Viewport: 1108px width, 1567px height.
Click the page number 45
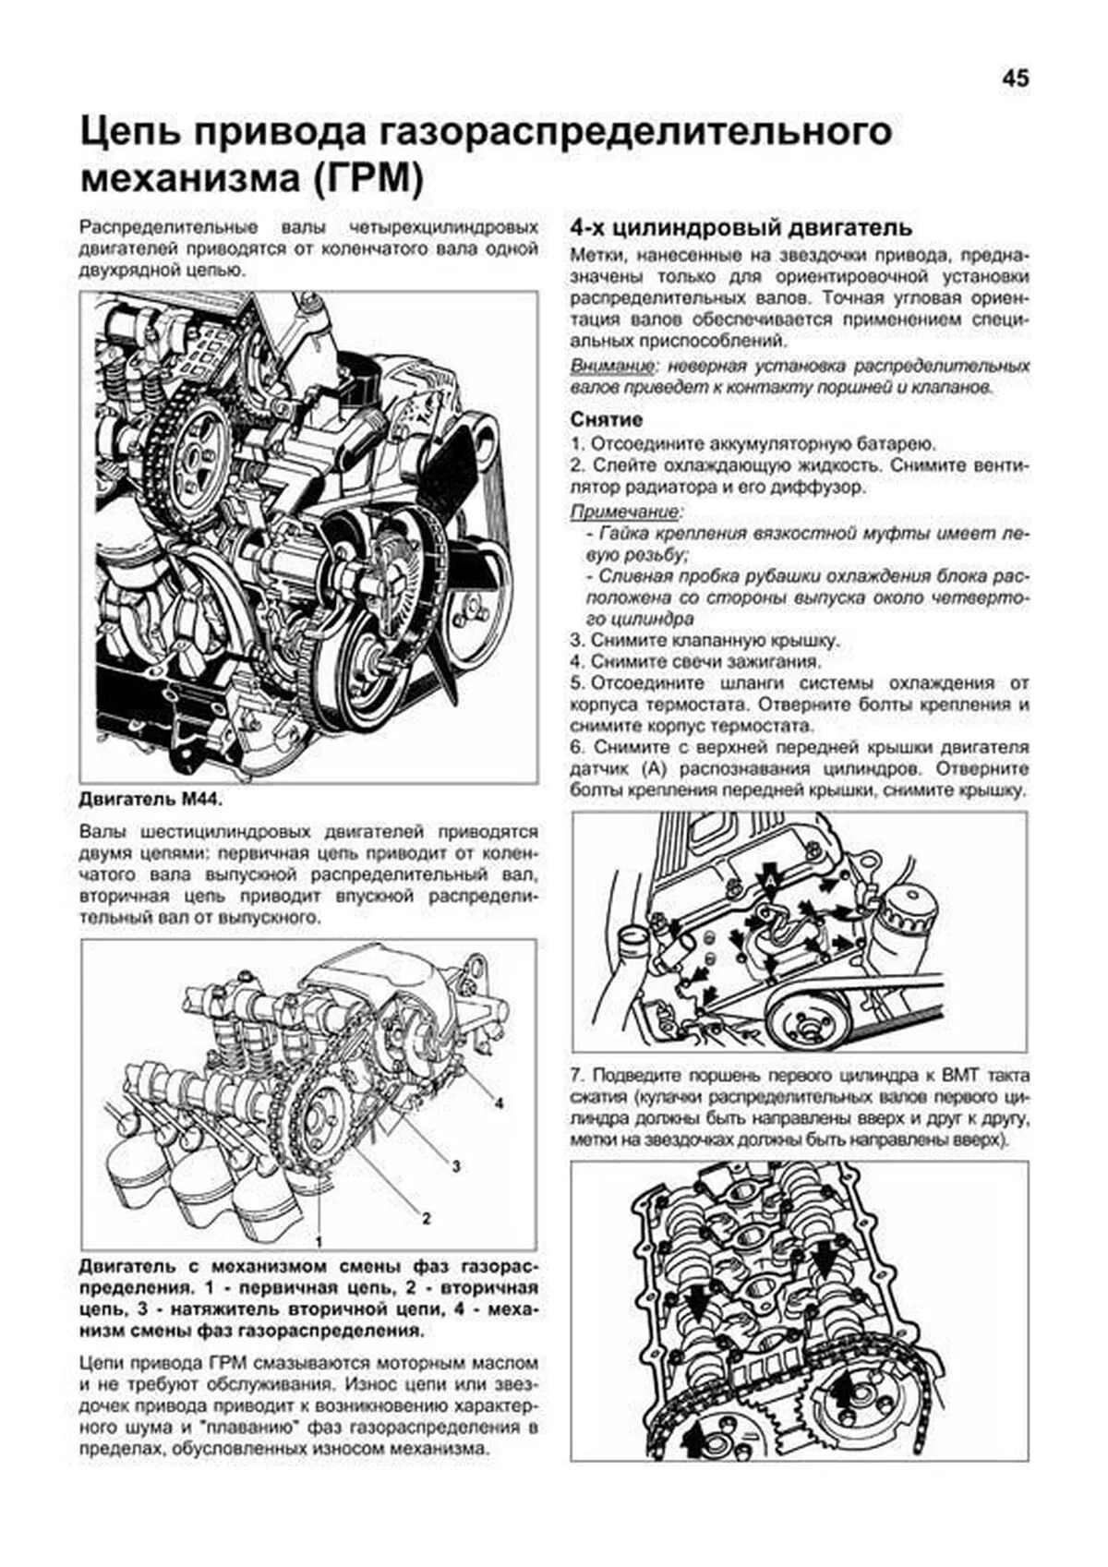pyautogui.click(x=1014, y=79)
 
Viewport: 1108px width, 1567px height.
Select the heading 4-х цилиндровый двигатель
pyautogui.click(x=741, y=227)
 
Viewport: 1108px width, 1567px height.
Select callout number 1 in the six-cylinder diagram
pyautogui.click(x=319, y=1239)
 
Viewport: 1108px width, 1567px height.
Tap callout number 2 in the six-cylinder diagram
pyautogui.click(x=426, y=1218)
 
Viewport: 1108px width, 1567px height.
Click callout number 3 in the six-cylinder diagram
pyautogui.click(x=455, y=1166)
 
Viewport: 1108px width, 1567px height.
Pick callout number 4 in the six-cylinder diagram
pyautogui.click(x=499, y=1103)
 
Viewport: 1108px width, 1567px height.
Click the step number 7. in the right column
pyautogui.click(x=578, y=1077)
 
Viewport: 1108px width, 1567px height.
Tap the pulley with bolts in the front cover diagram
pyautogui.click(x=802, y=1019)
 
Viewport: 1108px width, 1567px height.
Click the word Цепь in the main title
pyautogui.click(x=133, y=132)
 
